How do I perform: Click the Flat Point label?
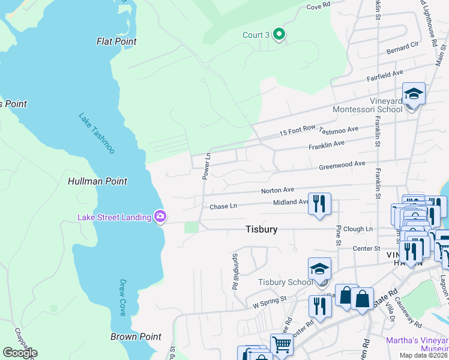116,41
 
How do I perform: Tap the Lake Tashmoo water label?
97,133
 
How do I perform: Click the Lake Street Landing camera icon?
160,216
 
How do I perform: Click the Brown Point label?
136,337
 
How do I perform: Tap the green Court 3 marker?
279,35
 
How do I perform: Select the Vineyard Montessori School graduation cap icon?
414,94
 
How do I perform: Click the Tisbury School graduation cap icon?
320,269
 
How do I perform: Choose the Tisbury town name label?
262,229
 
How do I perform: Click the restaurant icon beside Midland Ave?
319,203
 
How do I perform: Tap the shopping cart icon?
281,344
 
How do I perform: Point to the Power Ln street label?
206,166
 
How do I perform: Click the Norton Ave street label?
277,191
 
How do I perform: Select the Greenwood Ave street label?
342,165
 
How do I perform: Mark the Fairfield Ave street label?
385,75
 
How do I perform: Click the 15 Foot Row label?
297,131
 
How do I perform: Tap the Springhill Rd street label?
235,271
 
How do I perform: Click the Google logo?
20,353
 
